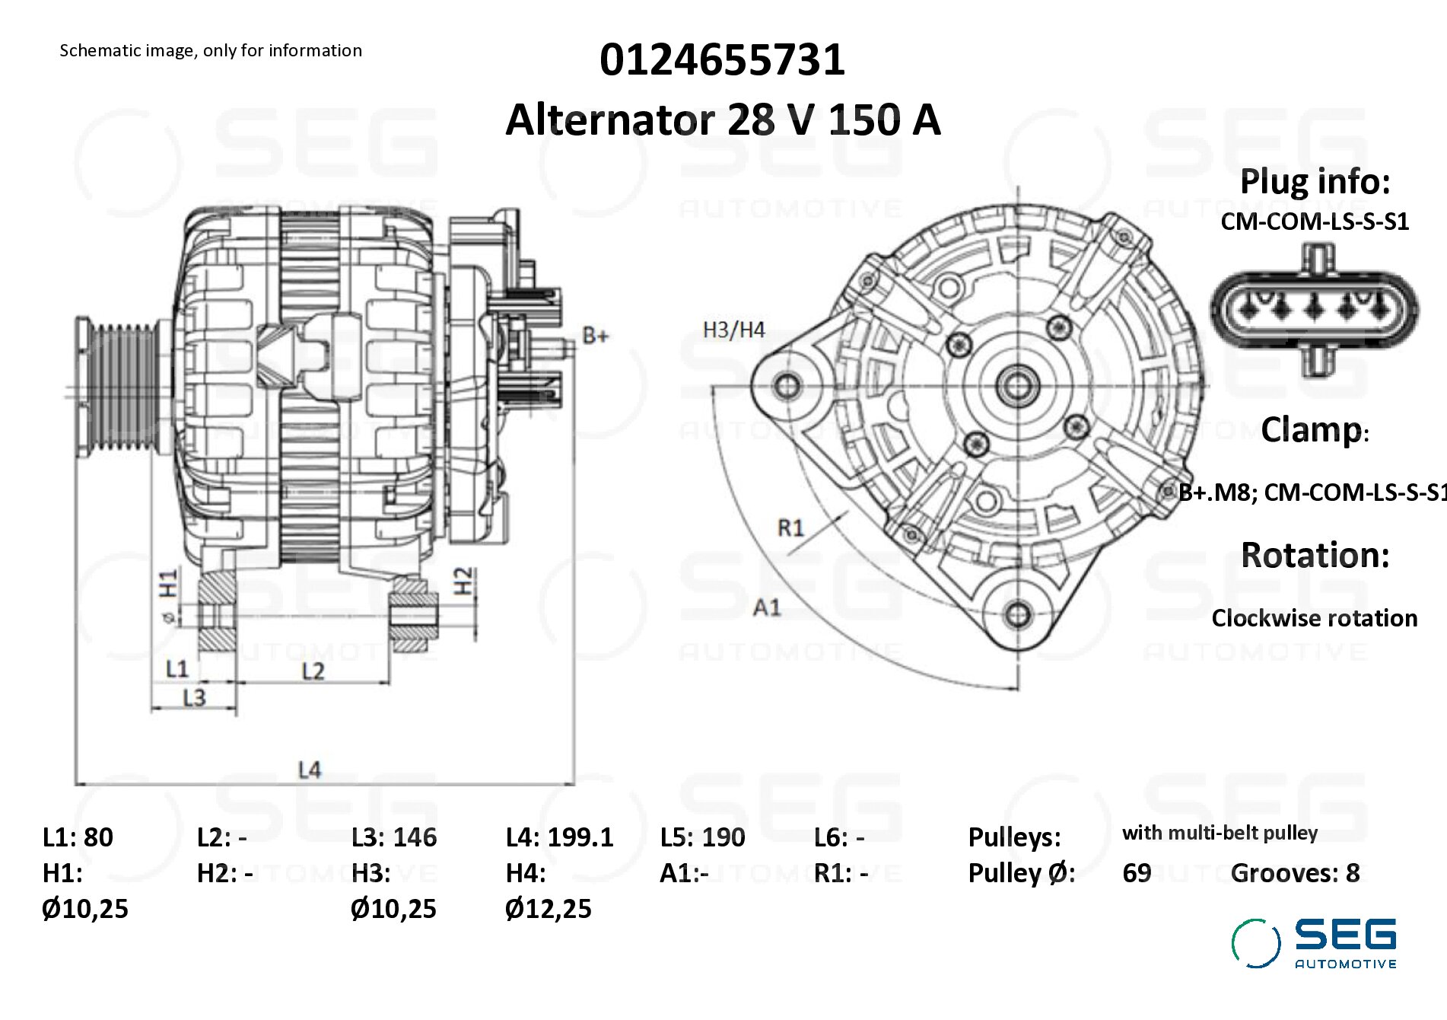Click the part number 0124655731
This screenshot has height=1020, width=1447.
click(722, 59)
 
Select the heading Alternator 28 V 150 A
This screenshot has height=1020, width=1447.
click(723, 120)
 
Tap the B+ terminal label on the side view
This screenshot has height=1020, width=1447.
click(595, 336)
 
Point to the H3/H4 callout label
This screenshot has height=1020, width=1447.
click(733, 330)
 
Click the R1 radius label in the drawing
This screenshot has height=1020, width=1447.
click(790, 528)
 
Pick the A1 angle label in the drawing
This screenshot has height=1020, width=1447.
click(767, 607)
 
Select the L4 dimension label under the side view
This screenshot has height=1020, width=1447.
click(310, 770)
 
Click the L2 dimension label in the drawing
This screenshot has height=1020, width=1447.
click(313, 671)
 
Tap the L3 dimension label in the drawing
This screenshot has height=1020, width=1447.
click(194, 697)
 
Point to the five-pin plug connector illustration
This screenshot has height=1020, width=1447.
click(1314, 310)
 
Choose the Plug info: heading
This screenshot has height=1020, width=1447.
click(1315, 182)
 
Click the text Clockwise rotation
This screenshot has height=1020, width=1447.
click(1314, 618)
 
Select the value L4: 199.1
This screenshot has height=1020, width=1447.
click(559, 837)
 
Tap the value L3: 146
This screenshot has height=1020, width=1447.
click(394, 837)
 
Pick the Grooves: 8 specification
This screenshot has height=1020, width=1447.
click(1295, 873)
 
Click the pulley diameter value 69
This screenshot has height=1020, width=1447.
click(1137, 873)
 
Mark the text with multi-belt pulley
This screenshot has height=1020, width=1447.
click(1220, 833)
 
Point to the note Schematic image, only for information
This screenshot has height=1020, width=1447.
click(211, 50)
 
